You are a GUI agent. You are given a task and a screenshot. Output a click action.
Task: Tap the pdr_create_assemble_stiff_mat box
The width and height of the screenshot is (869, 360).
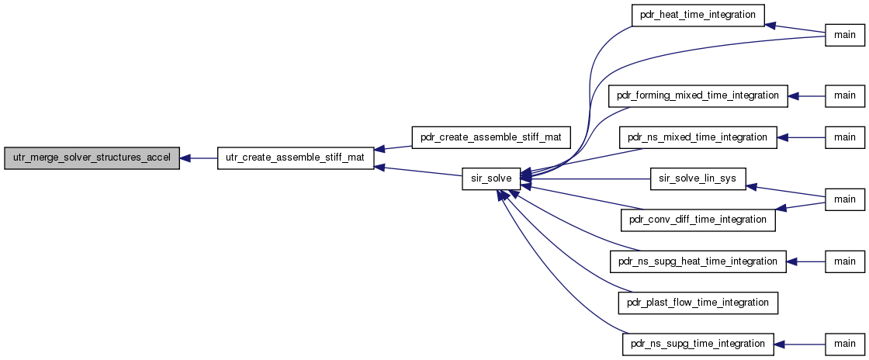(491, 137)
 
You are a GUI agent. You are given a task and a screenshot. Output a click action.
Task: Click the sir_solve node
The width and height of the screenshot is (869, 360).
(491, 178)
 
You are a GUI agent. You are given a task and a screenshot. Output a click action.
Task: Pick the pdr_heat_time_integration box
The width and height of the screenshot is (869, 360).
(698, 15)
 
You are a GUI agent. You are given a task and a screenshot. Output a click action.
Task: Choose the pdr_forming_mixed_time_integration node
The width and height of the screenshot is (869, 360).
(698, 95)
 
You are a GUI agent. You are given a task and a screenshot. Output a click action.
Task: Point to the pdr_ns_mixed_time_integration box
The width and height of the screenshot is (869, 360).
(698, 137)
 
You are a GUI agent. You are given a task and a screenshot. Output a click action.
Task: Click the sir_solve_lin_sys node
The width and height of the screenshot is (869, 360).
(698, 178)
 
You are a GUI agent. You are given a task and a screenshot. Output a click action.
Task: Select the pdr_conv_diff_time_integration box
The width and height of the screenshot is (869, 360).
(698, 220)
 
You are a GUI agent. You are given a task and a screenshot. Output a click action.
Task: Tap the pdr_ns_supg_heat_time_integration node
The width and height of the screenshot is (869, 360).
(698, 261)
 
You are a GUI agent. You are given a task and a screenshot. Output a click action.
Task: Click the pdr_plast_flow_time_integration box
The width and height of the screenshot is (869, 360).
(698, 303)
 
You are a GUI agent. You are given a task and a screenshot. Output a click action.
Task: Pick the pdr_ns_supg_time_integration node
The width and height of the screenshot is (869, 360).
(698, 344)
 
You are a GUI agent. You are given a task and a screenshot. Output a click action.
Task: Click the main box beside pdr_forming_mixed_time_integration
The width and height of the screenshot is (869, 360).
(845, 95)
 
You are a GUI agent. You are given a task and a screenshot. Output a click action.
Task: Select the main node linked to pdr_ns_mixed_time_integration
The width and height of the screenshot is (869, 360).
(845, 137)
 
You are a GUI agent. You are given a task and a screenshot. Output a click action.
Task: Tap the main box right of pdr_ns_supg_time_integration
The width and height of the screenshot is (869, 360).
(845, 344)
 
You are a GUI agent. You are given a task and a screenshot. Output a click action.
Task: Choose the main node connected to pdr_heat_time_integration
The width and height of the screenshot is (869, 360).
(845, 36)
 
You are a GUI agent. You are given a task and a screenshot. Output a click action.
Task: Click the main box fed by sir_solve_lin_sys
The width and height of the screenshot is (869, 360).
(845, 199)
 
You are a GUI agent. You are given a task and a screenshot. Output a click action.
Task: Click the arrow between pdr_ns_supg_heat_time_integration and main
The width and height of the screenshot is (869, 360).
(806, 261)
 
